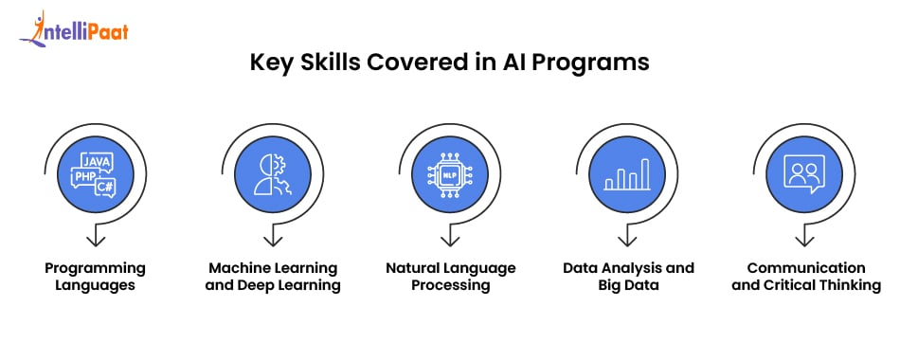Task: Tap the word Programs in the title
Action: tap(601, 63)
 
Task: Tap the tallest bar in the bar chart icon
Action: tap(645, 173)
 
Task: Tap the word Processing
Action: tap(450, 285)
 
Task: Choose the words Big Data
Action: tap(628, 285)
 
